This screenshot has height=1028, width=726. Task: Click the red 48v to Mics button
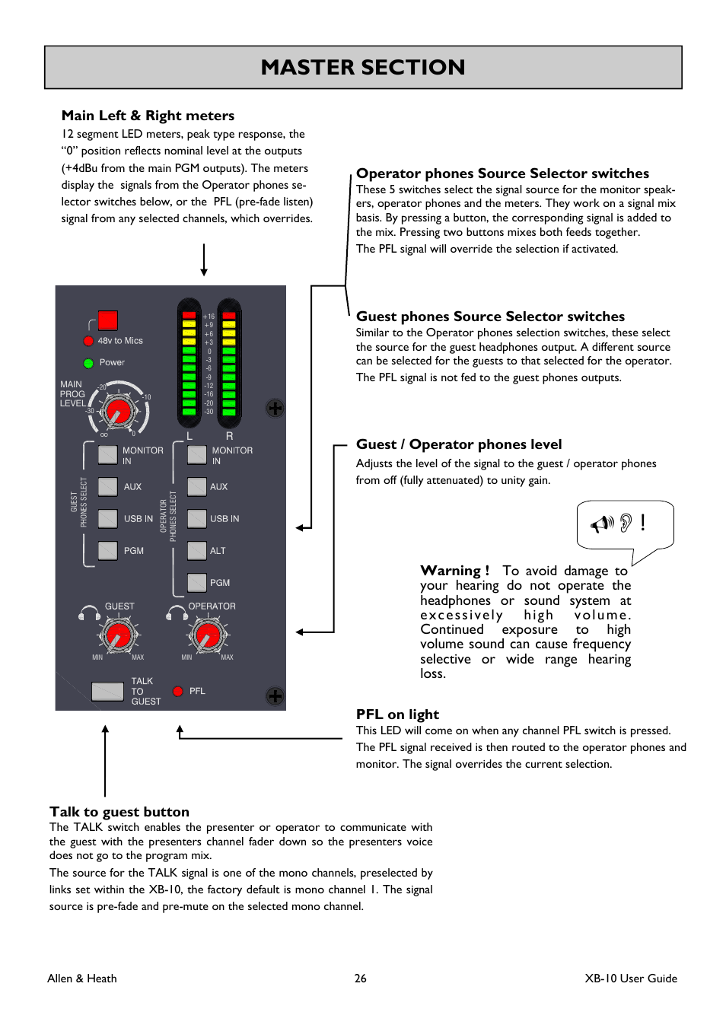coord(108,320)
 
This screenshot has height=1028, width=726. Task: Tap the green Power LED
coord(88,363)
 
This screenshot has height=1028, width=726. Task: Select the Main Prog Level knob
coord(118,412)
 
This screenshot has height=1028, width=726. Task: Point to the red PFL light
coord(178,691)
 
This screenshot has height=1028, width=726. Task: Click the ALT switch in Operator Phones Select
coord(197,550)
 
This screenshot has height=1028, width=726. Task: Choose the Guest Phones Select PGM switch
coord(108,550)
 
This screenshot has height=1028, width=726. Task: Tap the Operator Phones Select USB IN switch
coord(197,518)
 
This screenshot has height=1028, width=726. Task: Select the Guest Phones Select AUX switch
coord(108,486)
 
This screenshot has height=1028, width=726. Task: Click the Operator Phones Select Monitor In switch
coord(197,454)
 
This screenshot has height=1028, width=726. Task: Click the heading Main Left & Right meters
coord(148,116)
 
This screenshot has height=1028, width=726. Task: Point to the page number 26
coord(361,979)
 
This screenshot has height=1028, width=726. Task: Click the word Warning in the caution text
coord(451,571)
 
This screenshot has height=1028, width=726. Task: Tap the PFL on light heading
coord(397,715)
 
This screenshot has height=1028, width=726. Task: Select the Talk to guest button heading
coord(119,812)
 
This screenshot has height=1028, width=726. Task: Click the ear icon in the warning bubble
coord(626,523)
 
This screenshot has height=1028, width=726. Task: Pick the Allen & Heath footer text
coord(82,979)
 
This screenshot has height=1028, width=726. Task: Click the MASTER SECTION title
coord(363,68)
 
